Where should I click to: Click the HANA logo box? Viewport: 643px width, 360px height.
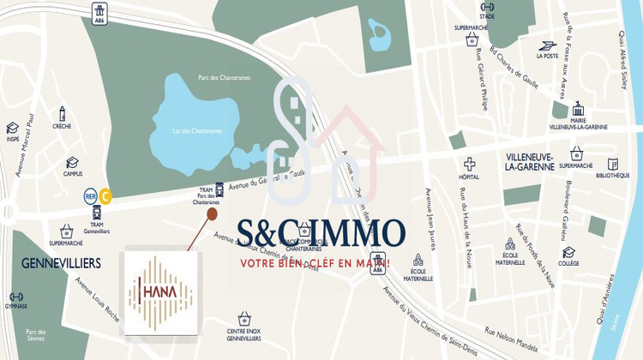click(159, 291)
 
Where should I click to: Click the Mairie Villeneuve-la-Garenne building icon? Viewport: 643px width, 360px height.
click(578, 110)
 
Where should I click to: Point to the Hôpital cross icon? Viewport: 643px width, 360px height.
click(470, 163)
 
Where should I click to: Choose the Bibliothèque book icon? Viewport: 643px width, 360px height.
click(613, 164)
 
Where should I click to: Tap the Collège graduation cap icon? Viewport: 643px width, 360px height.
click(568, 252)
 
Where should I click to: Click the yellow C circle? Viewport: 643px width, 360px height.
click(105, 196)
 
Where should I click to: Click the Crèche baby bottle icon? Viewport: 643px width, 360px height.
click(62, 113)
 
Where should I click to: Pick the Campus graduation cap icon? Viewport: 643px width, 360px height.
click(72, 162)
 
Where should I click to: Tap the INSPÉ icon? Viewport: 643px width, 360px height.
click(13, 128)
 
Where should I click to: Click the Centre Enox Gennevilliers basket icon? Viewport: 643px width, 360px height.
click(243, 318)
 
